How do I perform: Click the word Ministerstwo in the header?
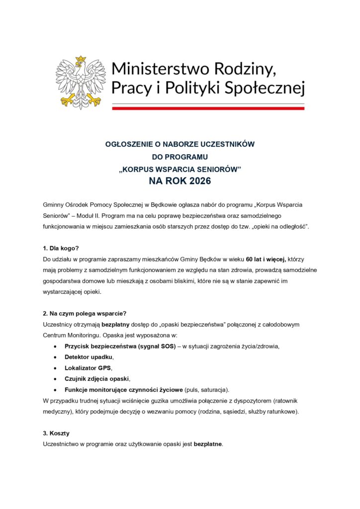tap(155, 68)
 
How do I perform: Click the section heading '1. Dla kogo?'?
tap(61, 248)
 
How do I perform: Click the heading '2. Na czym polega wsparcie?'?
tap(85, 313)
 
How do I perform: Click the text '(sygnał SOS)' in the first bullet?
tap(156, 346)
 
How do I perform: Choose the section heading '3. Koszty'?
tap(56, 433)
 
